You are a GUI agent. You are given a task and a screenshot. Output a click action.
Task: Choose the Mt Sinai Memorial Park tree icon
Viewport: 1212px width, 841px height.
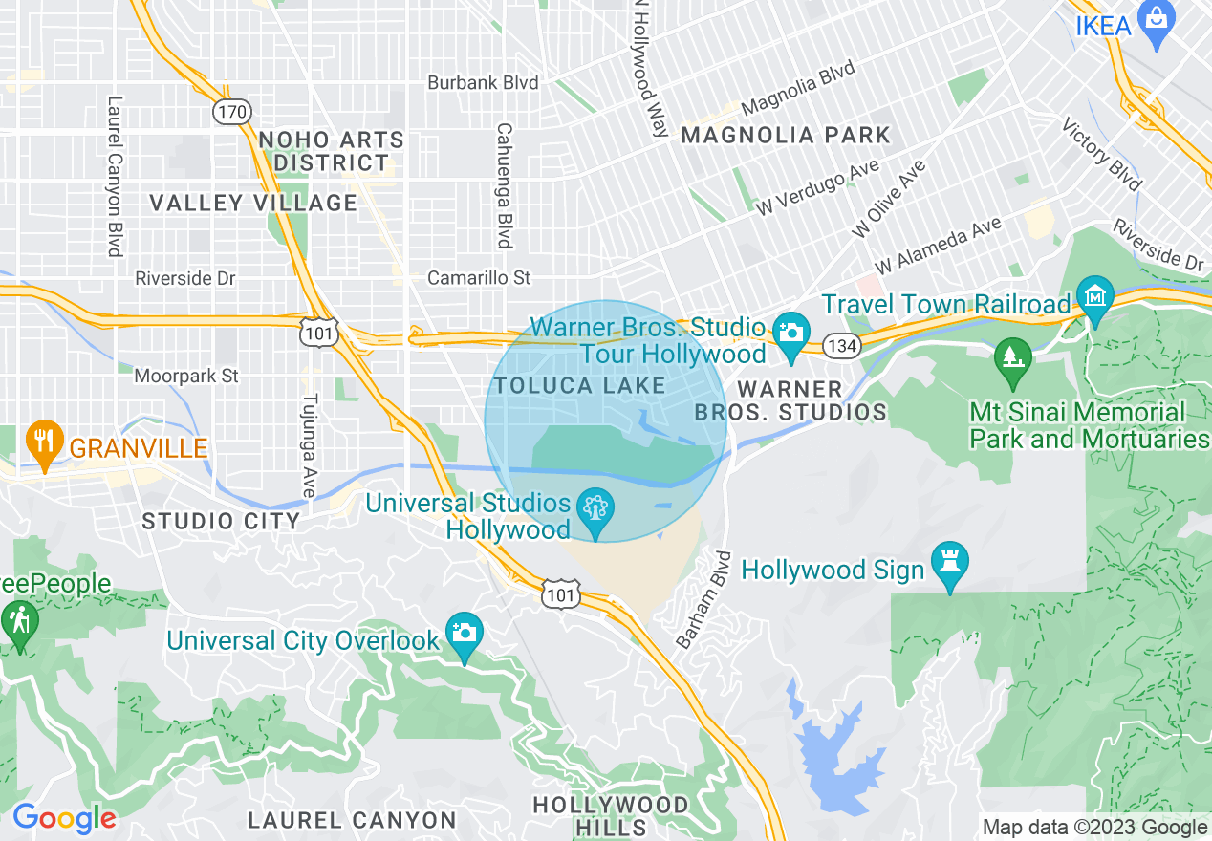1013,358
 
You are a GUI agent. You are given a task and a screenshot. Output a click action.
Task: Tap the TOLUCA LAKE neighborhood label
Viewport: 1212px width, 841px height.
579,386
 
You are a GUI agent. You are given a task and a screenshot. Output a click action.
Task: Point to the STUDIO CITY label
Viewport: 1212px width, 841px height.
221,521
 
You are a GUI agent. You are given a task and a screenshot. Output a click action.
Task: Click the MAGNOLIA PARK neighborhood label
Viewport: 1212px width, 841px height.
786,136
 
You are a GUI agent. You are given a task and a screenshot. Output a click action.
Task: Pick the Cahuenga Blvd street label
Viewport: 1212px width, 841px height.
503,184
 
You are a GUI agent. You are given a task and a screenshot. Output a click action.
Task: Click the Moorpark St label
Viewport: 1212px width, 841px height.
186,377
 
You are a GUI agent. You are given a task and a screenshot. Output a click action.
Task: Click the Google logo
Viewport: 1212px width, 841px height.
63,818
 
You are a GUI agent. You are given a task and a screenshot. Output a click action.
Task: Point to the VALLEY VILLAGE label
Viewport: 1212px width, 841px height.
253,203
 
